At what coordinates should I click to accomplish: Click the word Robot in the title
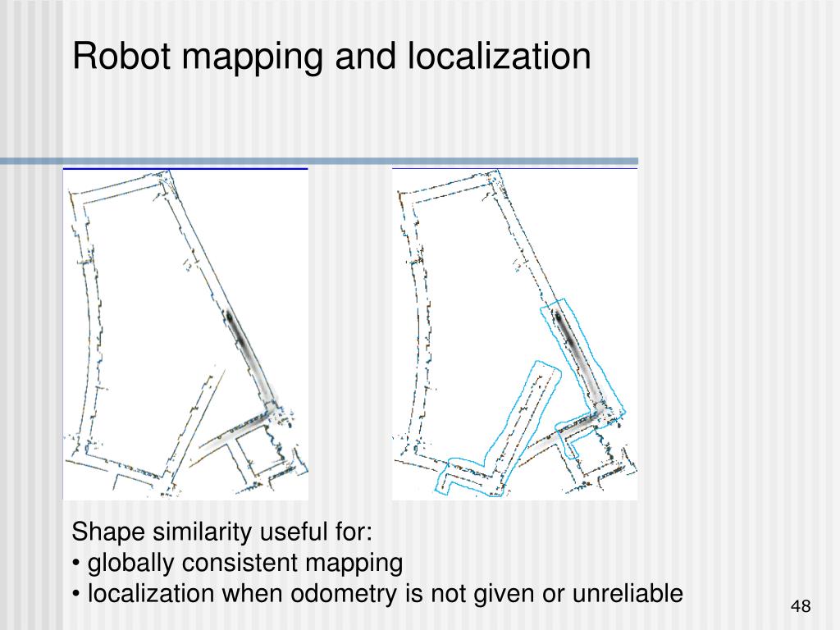coord(119,57)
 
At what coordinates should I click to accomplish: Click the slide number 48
coord(800,606)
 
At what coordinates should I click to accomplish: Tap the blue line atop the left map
coord(185,168)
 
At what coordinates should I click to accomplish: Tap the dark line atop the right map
coord(514,168)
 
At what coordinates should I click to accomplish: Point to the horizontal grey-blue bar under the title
coord(319,161)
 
